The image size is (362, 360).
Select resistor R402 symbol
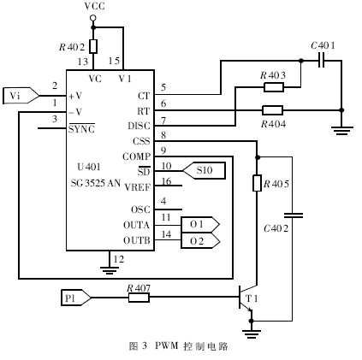[x=93, y=46]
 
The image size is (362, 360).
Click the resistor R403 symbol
[x=273, y=86]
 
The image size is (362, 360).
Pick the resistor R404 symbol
[x=273, y=109]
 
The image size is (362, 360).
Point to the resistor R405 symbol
[x=256, y=183]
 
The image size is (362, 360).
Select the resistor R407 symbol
[x=138, y=298]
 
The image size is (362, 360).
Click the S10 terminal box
[x=205, y=171]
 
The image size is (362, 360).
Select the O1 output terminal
[x=199, y=224]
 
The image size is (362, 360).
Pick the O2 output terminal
[x=199, y=241]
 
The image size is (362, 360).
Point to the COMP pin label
[x=138, y=157]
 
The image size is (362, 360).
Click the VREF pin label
[x=138, y=186]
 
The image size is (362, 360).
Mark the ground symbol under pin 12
[x=109, y=269]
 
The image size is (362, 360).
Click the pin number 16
[x=167, y=180]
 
